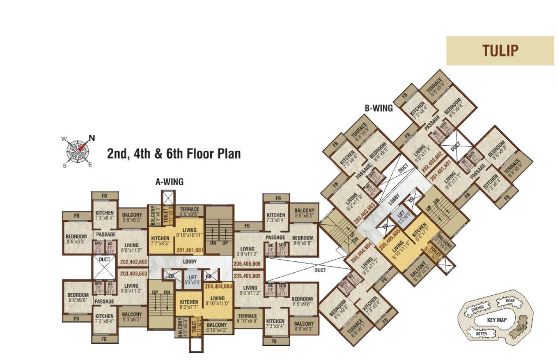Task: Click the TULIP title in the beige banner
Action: (x=500, y=51)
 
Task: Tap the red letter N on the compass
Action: (x=92, y=137)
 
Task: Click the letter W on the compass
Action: (x=64, y=140)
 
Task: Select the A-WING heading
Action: (x=170, y=181)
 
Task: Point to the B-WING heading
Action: (x=378, y=107)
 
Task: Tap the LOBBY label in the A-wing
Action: (x=190, y=261)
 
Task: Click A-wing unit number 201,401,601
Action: (x=190, y=250)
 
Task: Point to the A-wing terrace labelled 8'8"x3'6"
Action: (x=189, y=212)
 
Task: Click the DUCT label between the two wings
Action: (x=320, y=270)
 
